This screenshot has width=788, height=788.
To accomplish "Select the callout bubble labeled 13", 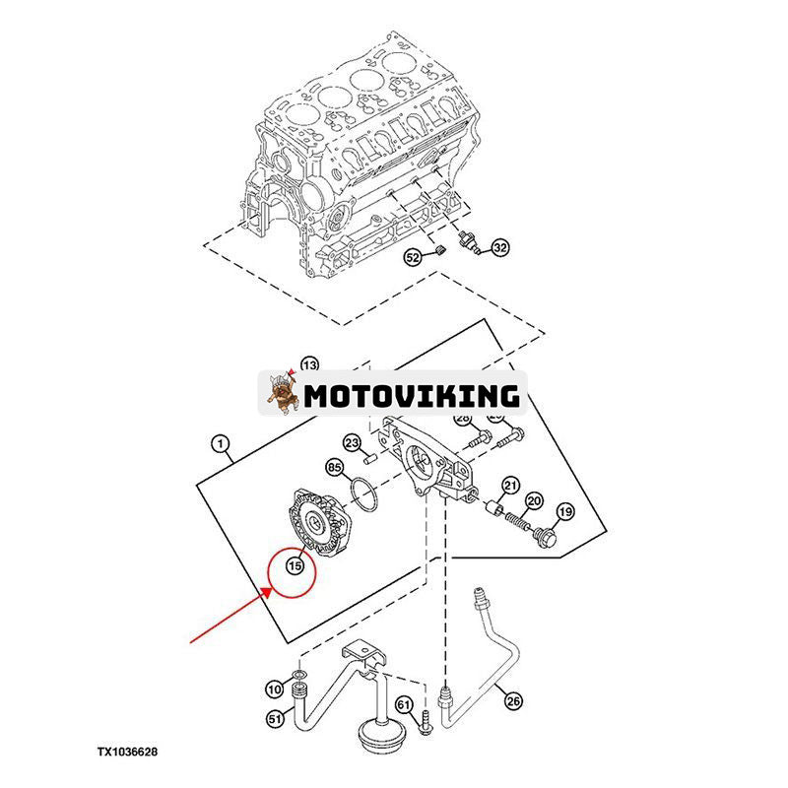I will tap(310, 362).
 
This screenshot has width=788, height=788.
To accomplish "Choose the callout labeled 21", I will tap(510, 485).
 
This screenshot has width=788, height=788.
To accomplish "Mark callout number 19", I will tap(564, 511).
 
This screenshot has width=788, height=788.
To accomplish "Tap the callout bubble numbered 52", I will tap(412, 258).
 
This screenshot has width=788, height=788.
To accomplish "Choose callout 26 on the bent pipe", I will tap(512, 701).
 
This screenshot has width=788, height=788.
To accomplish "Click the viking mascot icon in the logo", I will tap(285, 394).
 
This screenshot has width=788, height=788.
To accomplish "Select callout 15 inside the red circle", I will tap(294, 565).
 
